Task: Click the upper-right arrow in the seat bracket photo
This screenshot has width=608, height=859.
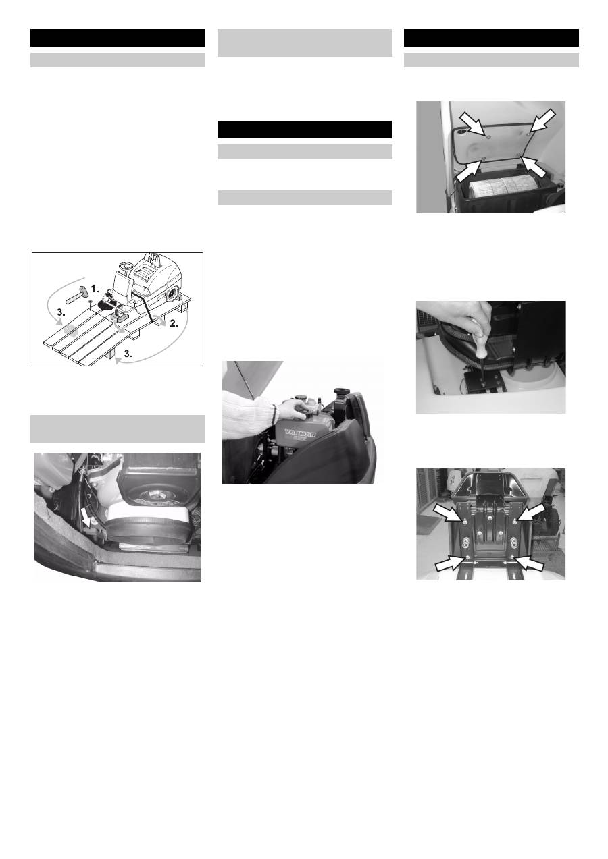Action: click(530, 514)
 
